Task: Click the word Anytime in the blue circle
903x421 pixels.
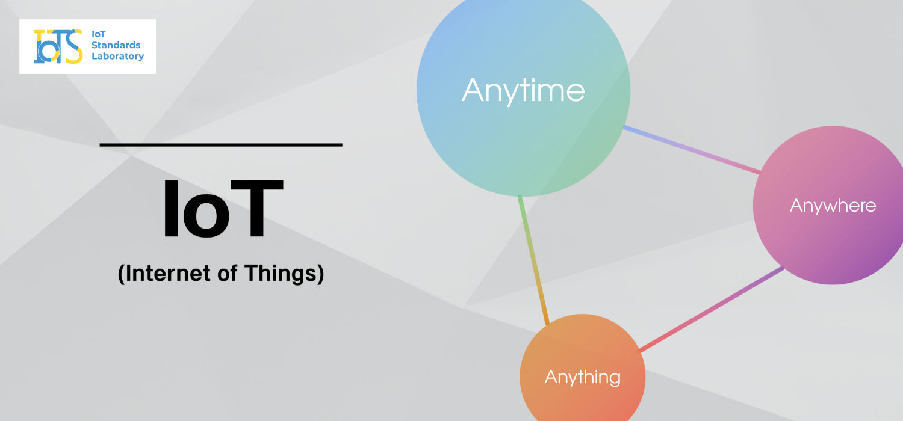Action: click(x=523, y=91)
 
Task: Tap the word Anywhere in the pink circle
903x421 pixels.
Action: click(x=833, y=206)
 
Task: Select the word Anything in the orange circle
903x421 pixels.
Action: click(x=583, y=378)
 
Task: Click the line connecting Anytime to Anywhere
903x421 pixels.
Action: click(x=692, y=150)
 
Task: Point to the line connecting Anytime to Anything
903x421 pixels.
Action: click(x=533, y=260)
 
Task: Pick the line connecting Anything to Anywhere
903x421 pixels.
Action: click(x=712, y=309)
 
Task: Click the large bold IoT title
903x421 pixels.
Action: click(x=223, y=209)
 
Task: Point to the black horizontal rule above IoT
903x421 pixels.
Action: click(x=221, y=144)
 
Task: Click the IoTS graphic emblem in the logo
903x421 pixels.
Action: click(x=58, y=46)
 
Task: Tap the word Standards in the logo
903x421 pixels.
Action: click(x=116, y=45)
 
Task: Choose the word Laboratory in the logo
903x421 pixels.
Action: click(x=118, y=56)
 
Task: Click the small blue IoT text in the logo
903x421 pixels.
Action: click(x=98, y=34)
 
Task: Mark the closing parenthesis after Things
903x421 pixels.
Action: click(x=320, y=274)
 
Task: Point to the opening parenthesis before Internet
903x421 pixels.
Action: click(x=121, y=274)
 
